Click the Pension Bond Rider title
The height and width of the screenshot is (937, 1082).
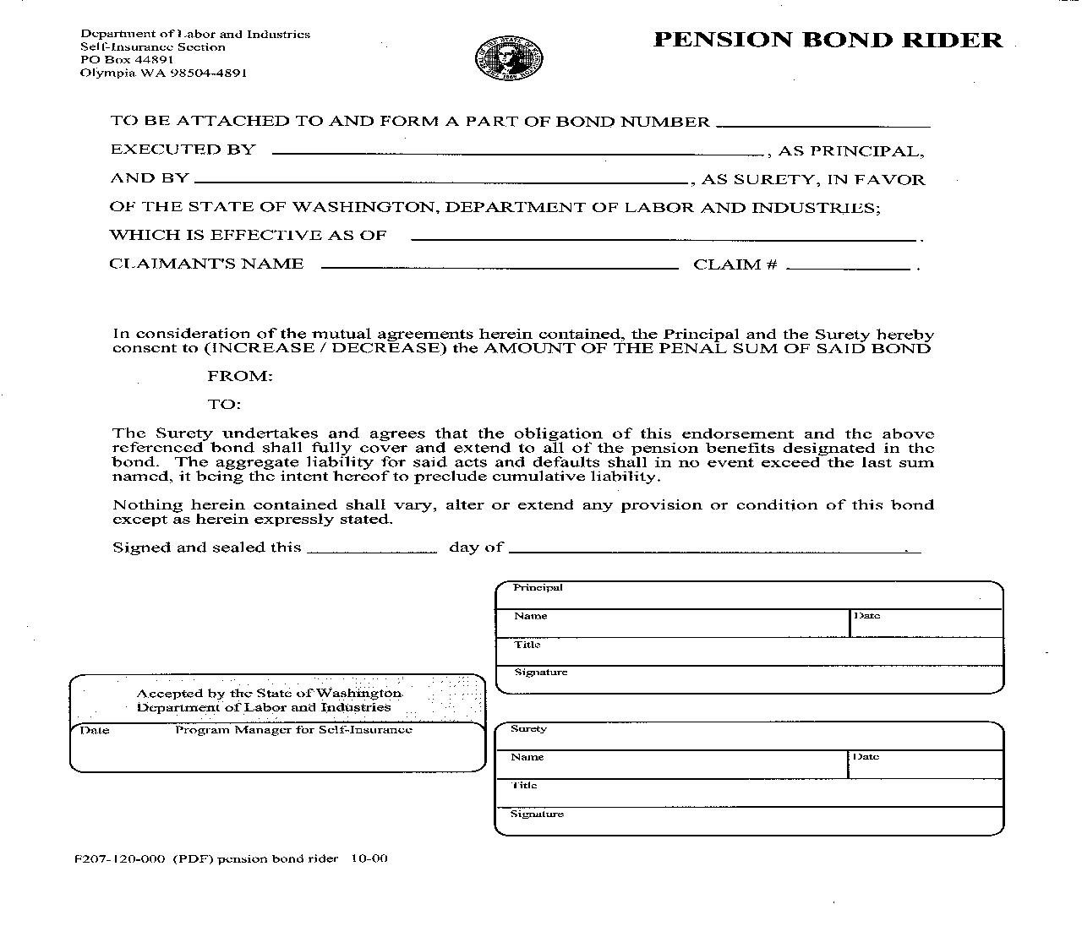click(x=828, y=40)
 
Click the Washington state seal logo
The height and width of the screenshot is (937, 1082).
click(x=509, y=59)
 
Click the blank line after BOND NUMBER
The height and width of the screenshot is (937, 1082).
click(x=822, y=122)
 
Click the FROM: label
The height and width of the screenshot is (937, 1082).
click(x=240, y=377)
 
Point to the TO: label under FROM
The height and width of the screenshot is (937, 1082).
click(x=225, y=405)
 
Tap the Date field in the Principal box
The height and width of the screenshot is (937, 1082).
click(x=926, y=624)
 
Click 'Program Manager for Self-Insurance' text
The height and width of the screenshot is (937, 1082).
click(x=293, y=730)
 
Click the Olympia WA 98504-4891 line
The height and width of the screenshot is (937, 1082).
click(x=163, y=73)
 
